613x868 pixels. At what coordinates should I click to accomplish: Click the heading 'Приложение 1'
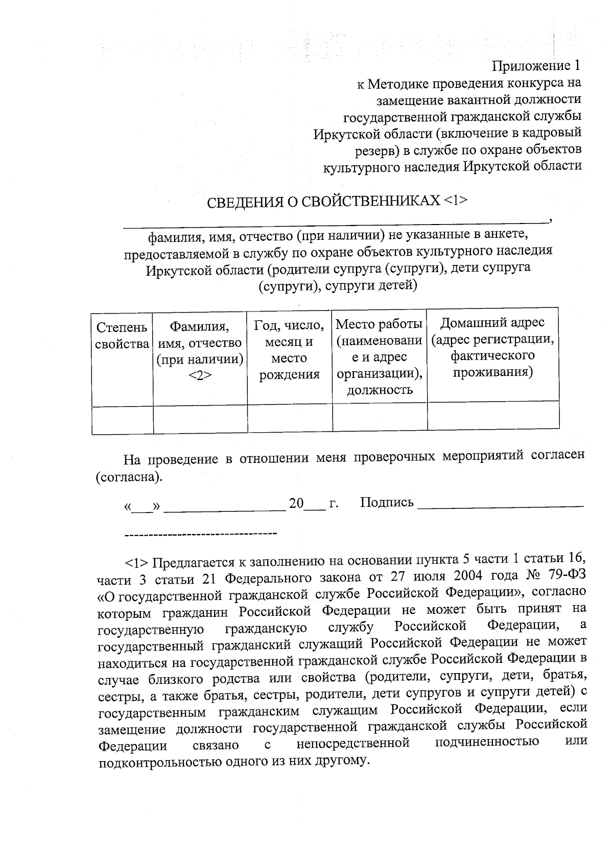(x=536, y=66)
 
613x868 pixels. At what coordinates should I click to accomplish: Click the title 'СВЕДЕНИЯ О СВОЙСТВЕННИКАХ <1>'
(x=337, y=200)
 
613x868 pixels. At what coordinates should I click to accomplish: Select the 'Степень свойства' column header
(x=122, y=336)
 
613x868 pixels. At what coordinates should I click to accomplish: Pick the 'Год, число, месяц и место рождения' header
(x=289, y=349)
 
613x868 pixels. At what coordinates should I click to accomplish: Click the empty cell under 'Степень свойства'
(x=123, y=420)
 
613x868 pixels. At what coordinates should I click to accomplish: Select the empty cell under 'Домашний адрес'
(x=493, y=415)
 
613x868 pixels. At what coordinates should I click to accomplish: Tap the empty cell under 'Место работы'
(x=380, y=417)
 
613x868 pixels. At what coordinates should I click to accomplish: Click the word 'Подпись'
(x=387, y=502)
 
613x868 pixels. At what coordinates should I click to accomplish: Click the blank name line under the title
(x=335, y=221)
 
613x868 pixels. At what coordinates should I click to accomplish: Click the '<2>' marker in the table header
(x=200, y=375)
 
